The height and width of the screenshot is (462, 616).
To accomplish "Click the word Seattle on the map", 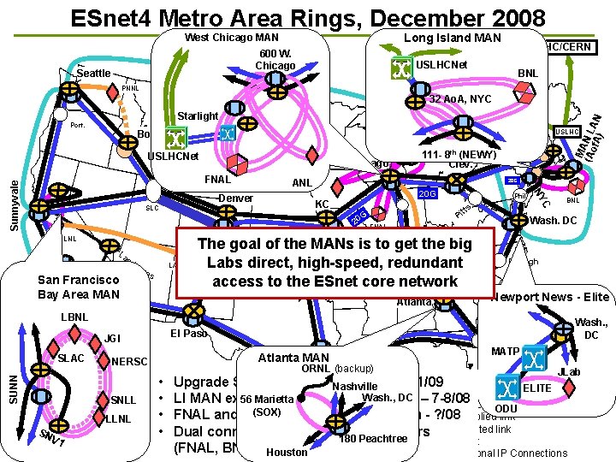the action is [x=94, y=74].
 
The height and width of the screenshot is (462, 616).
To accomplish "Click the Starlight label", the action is [x=197, y=115].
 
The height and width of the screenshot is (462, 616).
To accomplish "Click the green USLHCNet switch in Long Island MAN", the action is [x=401, y=68].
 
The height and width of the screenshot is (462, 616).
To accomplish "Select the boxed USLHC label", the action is [x=567, y=131].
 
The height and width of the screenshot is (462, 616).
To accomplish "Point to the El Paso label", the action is [x=189, y=333].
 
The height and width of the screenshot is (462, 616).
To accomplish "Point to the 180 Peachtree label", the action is [x=373, y=438].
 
